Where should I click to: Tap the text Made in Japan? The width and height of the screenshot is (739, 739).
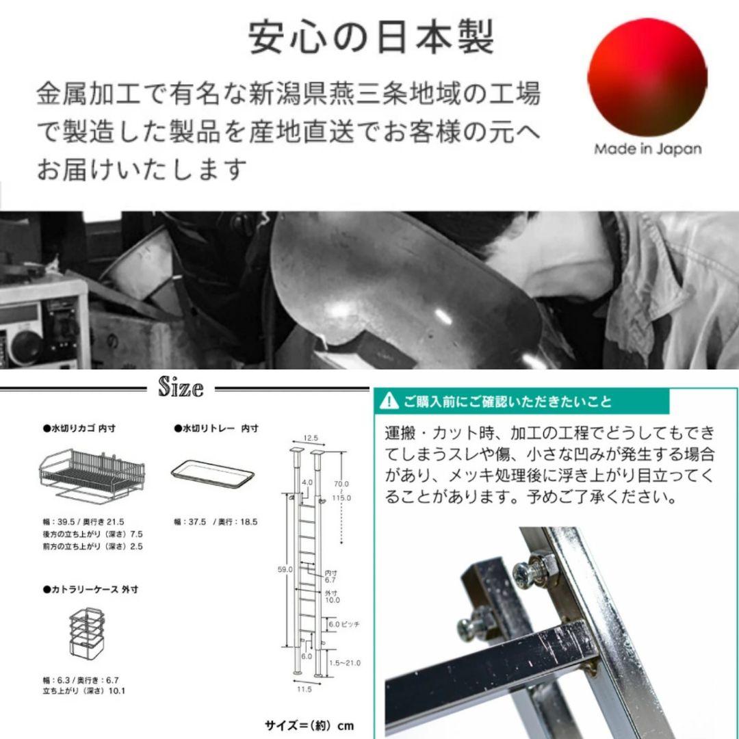(647, 149)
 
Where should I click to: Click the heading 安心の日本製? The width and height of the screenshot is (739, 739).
(370, 39)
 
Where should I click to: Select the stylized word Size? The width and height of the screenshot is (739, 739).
(181, 388)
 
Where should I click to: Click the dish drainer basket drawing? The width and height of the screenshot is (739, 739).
(92, 472)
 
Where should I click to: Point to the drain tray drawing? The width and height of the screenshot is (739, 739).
(212, 473)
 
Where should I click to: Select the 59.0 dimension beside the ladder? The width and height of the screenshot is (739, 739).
(285, 569)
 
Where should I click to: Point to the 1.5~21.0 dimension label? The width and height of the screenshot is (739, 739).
(343, 663)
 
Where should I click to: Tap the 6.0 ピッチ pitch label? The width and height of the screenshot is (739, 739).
(343, 625)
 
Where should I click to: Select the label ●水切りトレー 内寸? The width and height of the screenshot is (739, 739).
(216, 428)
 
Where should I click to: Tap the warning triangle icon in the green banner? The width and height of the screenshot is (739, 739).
(389, 401)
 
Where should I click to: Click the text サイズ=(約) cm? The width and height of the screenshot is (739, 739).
(309, 725)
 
